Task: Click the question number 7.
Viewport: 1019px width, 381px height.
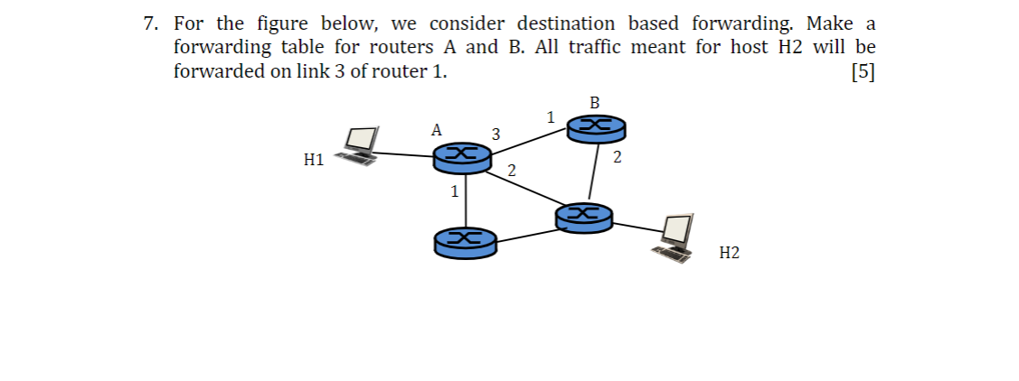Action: coord(151,23)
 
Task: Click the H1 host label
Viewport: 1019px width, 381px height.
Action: coord(314,161)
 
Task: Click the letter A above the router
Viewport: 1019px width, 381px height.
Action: coord(436,130)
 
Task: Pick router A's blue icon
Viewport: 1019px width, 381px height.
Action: coord(462,159)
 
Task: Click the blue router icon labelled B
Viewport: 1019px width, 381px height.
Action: coord(596,129)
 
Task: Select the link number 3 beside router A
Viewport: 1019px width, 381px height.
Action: coord(495,135)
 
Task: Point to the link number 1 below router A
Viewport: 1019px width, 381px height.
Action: coord(455,191)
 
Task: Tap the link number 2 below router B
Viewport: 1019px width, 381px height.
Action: coord(617,159)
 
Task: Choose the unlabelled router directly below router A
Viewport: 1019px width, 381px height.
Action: coord(465,241)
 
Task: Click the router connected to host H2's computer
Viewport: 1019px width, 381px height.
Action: coord(583,217)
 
